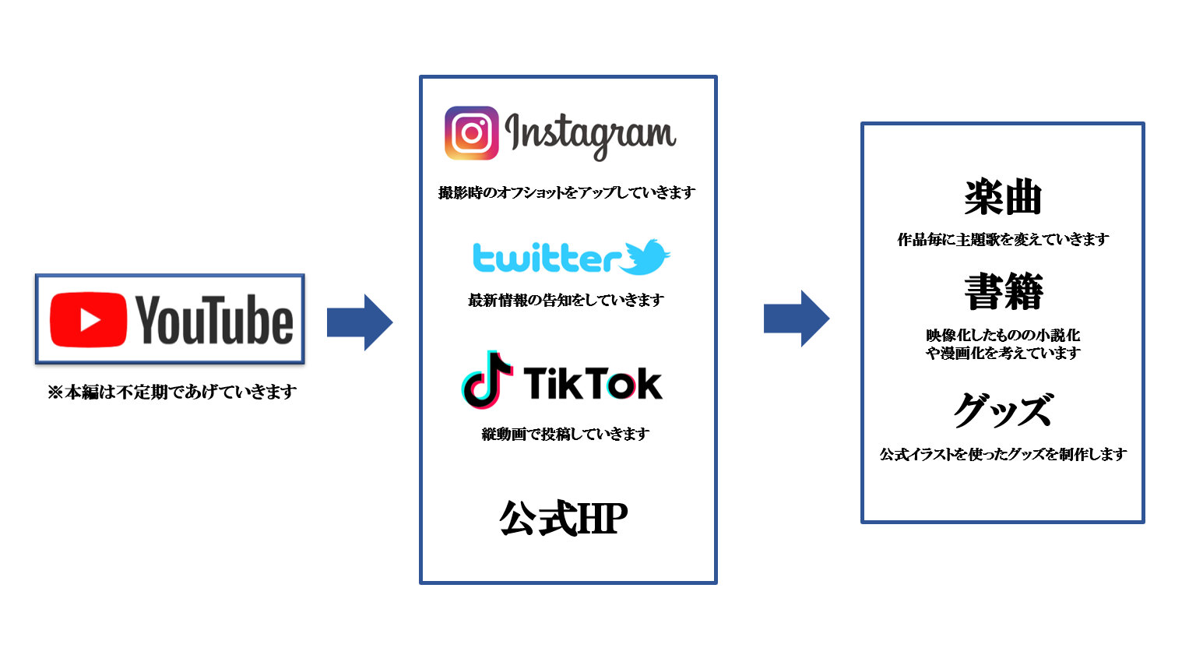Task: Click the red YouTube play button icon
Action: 88,319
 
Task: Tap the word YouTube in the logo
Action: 214,319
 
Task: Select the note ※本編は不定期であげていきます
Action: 172,392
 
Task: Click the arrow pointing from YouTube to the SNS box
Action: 360,322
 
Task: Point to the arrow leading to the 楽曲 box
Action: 797,319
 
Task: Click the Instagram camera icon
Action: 471,133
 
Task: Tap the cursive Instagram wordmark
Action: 590,135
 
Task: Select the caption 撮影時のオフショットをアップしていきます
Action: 567,192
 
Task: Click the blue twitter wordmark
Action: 547,258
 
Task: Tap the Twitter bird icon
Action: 646,256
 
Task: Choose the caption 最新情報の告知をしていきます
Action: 566,300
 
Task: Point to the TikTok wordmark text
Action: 593,383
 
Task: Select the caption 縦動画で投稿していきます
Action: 565,434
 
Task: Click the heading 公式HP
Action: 564,519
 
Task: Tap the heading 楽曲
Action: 1003,197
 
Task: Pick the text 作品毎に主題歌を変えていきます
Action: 1003,240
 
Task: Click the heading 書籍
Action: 1003,292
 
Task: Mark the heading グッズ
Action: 1003,410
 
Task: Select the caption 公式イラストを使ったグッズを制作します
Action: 1003,454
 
